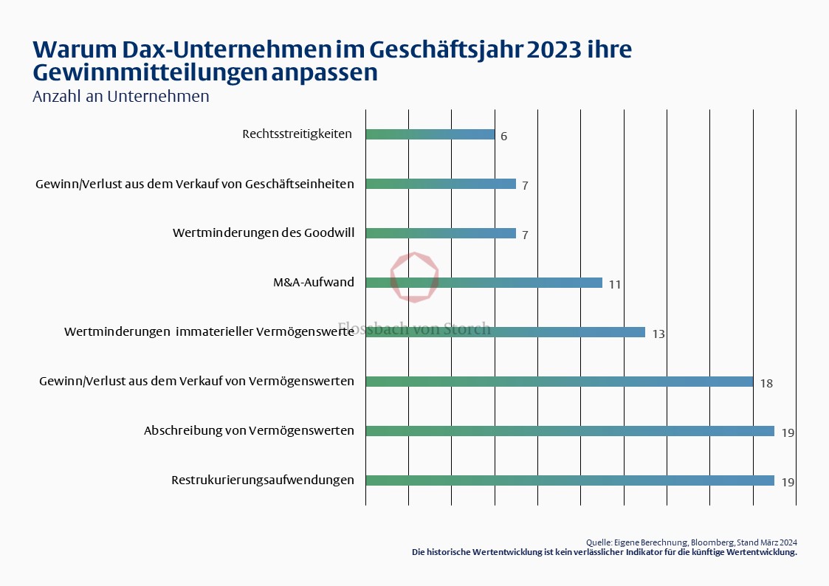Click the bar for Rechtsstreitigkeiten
click(430, 134)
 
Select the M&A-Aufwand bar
click(484, 283)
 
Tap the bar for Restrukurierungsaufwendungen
click(569, 480)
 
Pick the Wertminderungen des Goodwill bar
click(440, 233)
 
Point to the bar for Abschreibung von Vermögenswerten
click(569, 431)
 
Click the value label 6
click(503, 137)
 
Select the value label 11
click(615, 284)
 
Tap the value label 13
click(658, 334)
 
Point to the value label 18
click(766, 383)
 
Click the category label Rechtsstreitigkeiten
click(297, 134)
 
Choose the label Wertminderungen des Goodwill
click(264, 233)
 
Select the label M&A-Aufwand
click(314, 283)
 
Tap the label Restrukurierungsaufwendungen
click(263, 480)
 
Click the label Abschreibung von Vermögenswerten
click(249, 431)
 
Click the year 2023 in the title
click(551, 50)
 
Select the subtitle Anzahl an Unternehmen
click(121, 97)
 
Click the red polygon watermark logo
click(414, 277)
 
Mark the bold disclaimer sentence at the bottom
click(604, 552)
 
